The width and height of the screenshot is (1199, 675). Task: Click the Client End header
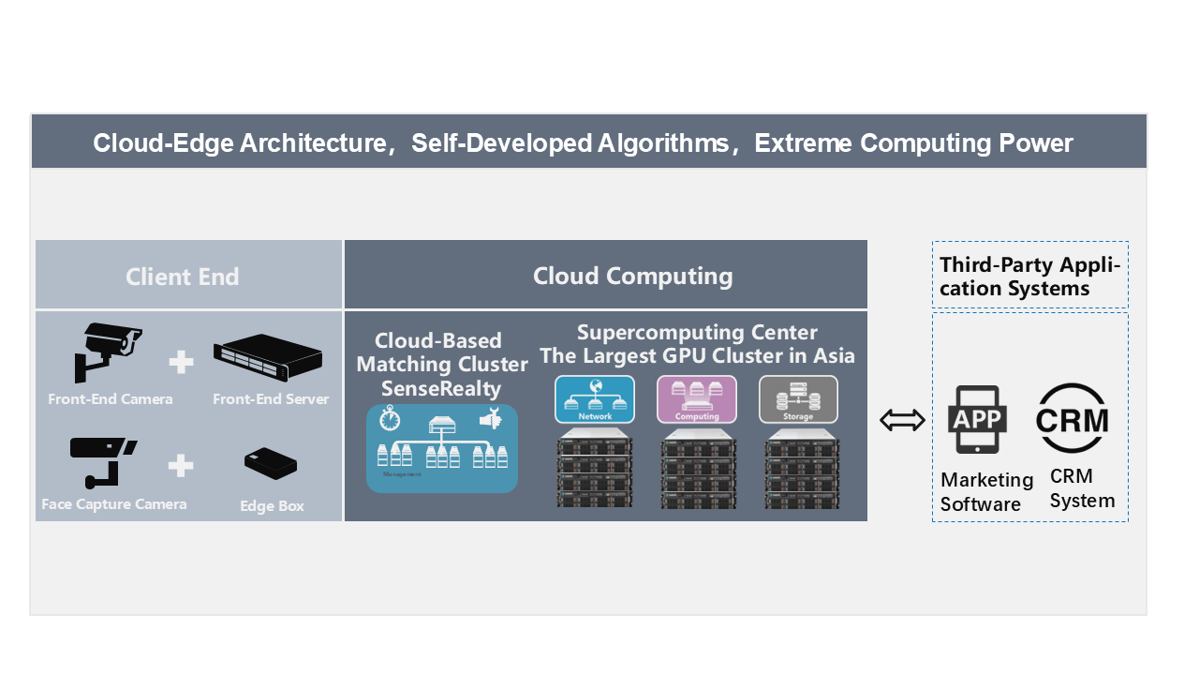click(183, 277)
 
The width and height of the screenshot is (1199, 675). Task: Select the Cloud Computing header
click(632, 276)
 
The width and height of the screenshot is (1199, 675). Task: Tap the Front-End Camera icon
click(108, 352)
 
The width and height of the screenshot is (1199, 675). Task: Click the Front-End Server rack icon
click(268, 358)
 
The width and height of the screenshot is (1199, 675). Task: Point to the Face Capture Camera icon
click(102, 460)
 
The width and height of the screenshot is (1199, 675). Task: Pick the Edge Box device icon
click(271, 464)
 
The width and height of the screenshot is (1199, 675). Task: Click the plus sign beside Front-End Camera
click(181, 361)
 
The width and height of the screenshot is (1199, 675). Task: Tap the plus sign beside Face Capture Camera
click(181, 465)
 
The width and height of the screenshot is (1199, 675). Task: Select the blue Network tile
click(595, 399)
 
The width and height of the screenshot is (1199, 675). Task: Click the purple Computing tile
click(697, 399)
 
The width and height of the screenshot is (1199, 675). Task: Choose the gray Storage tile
click(798, 399)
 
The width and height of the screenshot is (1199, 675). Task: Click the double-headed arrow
click(902, 421)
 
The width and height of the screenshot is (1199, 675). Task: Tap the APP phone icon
click(978, 420)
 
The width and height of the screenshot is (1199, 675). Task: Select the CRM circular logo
click(1072, 420)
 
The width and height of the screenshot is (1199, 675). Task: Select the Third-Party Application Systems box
click(1030, 276)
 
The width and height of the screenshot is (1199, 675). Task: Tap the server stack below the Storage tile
click(798, 468)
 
